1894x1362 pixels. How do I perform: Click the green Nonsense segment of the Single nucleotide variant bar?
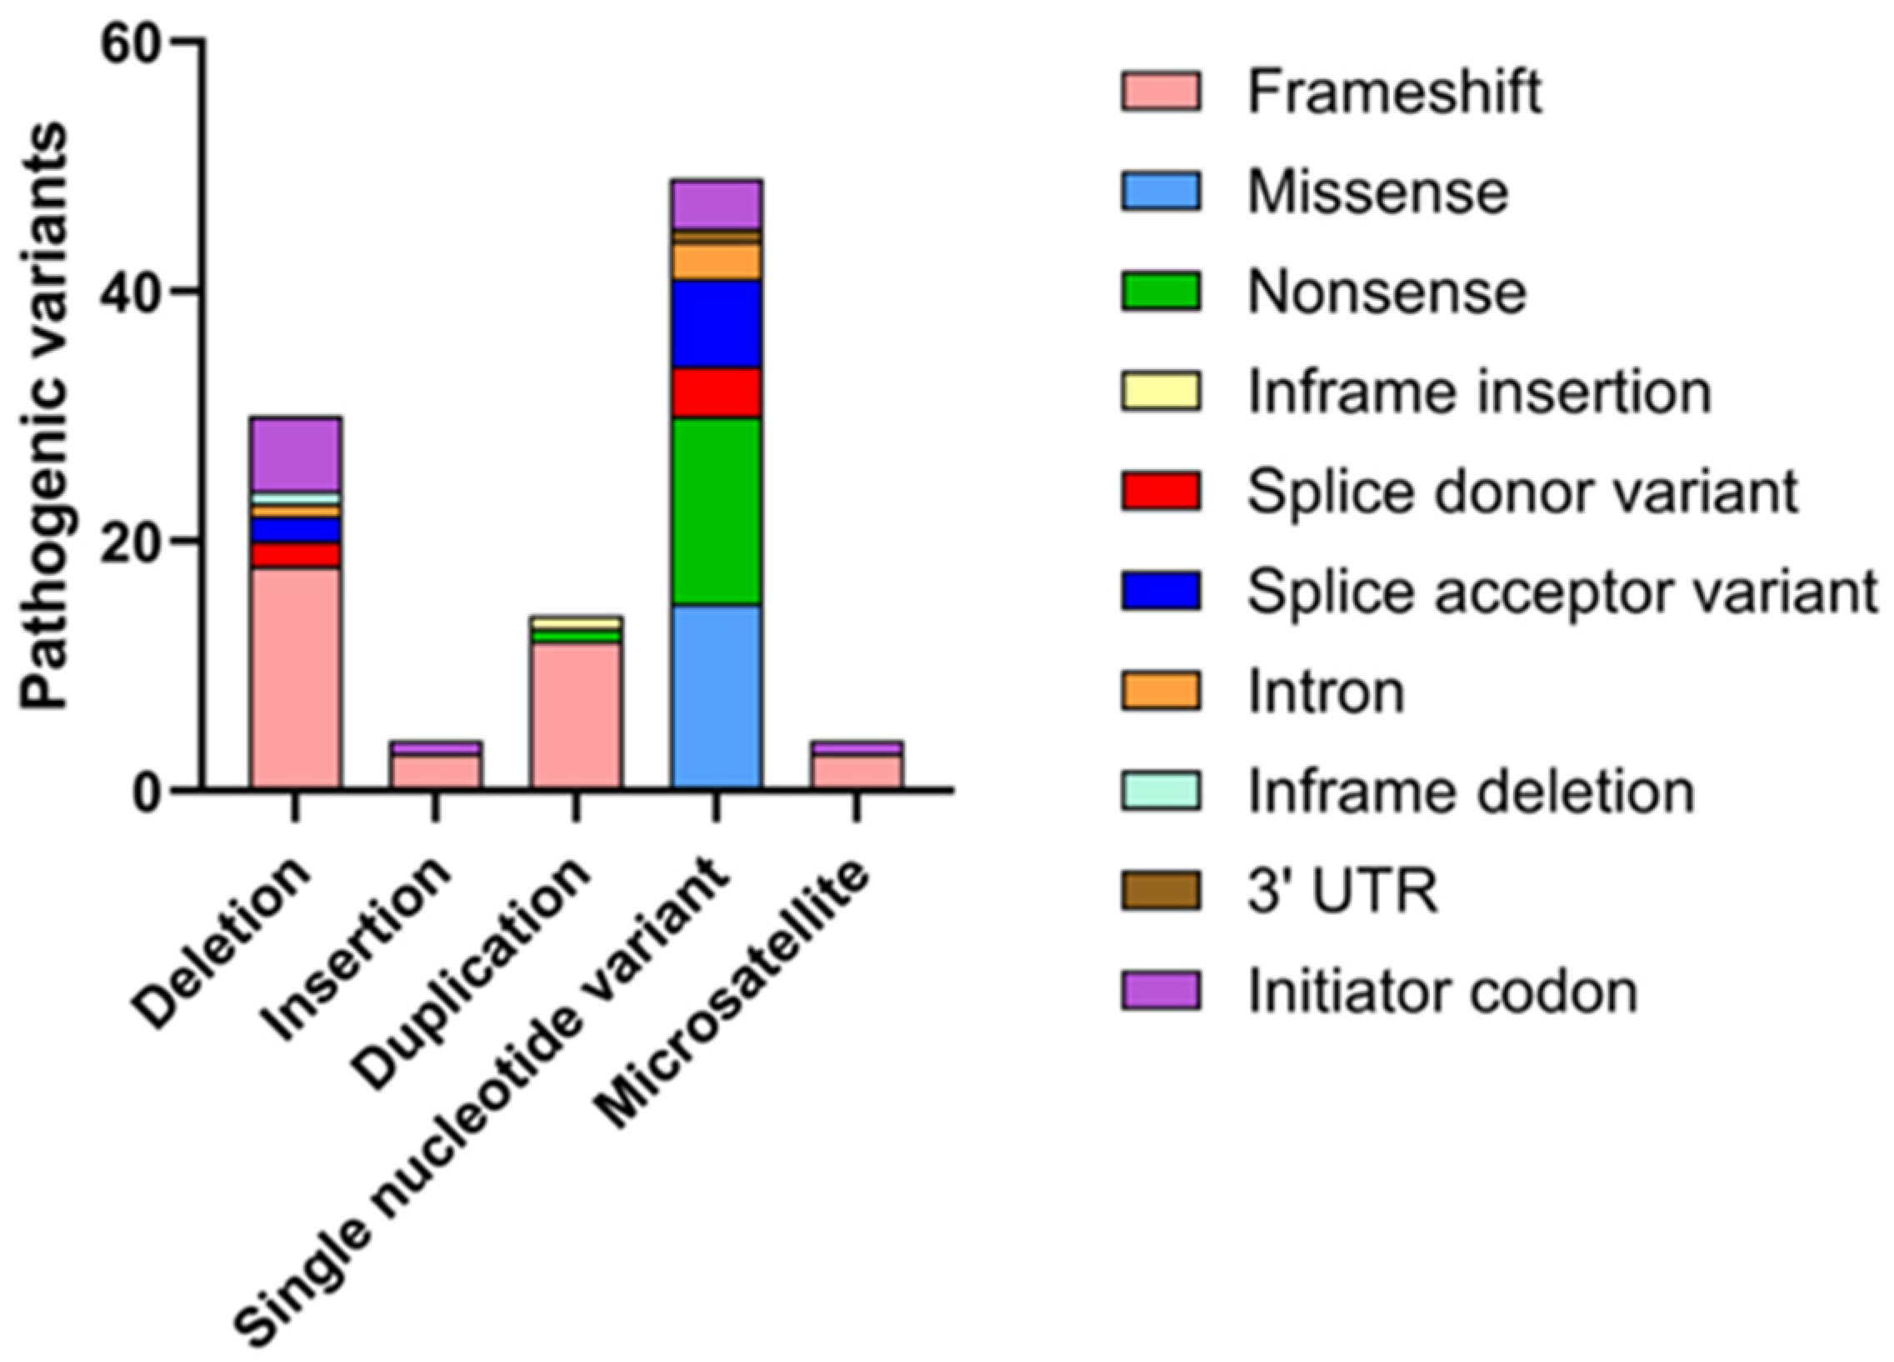[716, 510]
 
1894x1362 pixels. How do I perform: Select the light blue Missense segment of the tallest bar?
[716, 697]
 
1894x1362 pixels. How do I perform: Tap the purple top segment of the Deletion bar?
[295, 453]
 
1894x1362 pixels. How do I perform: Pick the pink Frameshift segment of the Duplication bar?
[576, 715]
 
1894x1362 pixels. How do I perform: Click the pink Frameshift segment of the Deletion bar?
[295, 678]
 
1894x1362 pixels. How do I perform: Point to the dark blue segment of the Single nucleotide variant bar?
[716, 323]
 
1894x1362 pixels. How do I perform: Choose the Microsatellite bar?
[856, 764]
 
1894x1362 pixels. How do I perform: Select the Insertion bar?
[435, 764]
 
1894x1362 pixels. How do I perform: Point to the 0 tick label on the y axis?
[147, 789]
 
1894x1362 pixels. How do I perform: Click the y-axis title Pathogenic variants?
[43, 415]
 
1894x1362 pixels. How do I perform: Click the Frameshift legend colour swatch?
[1161, 92]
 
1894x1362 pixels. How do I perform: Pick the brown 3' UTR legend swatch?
[1161, 891]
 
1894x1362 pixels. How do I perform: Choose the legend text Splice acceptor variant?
[1562, 592]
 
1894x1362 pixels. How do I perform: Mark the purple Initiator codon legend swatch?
[1161, 991]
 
